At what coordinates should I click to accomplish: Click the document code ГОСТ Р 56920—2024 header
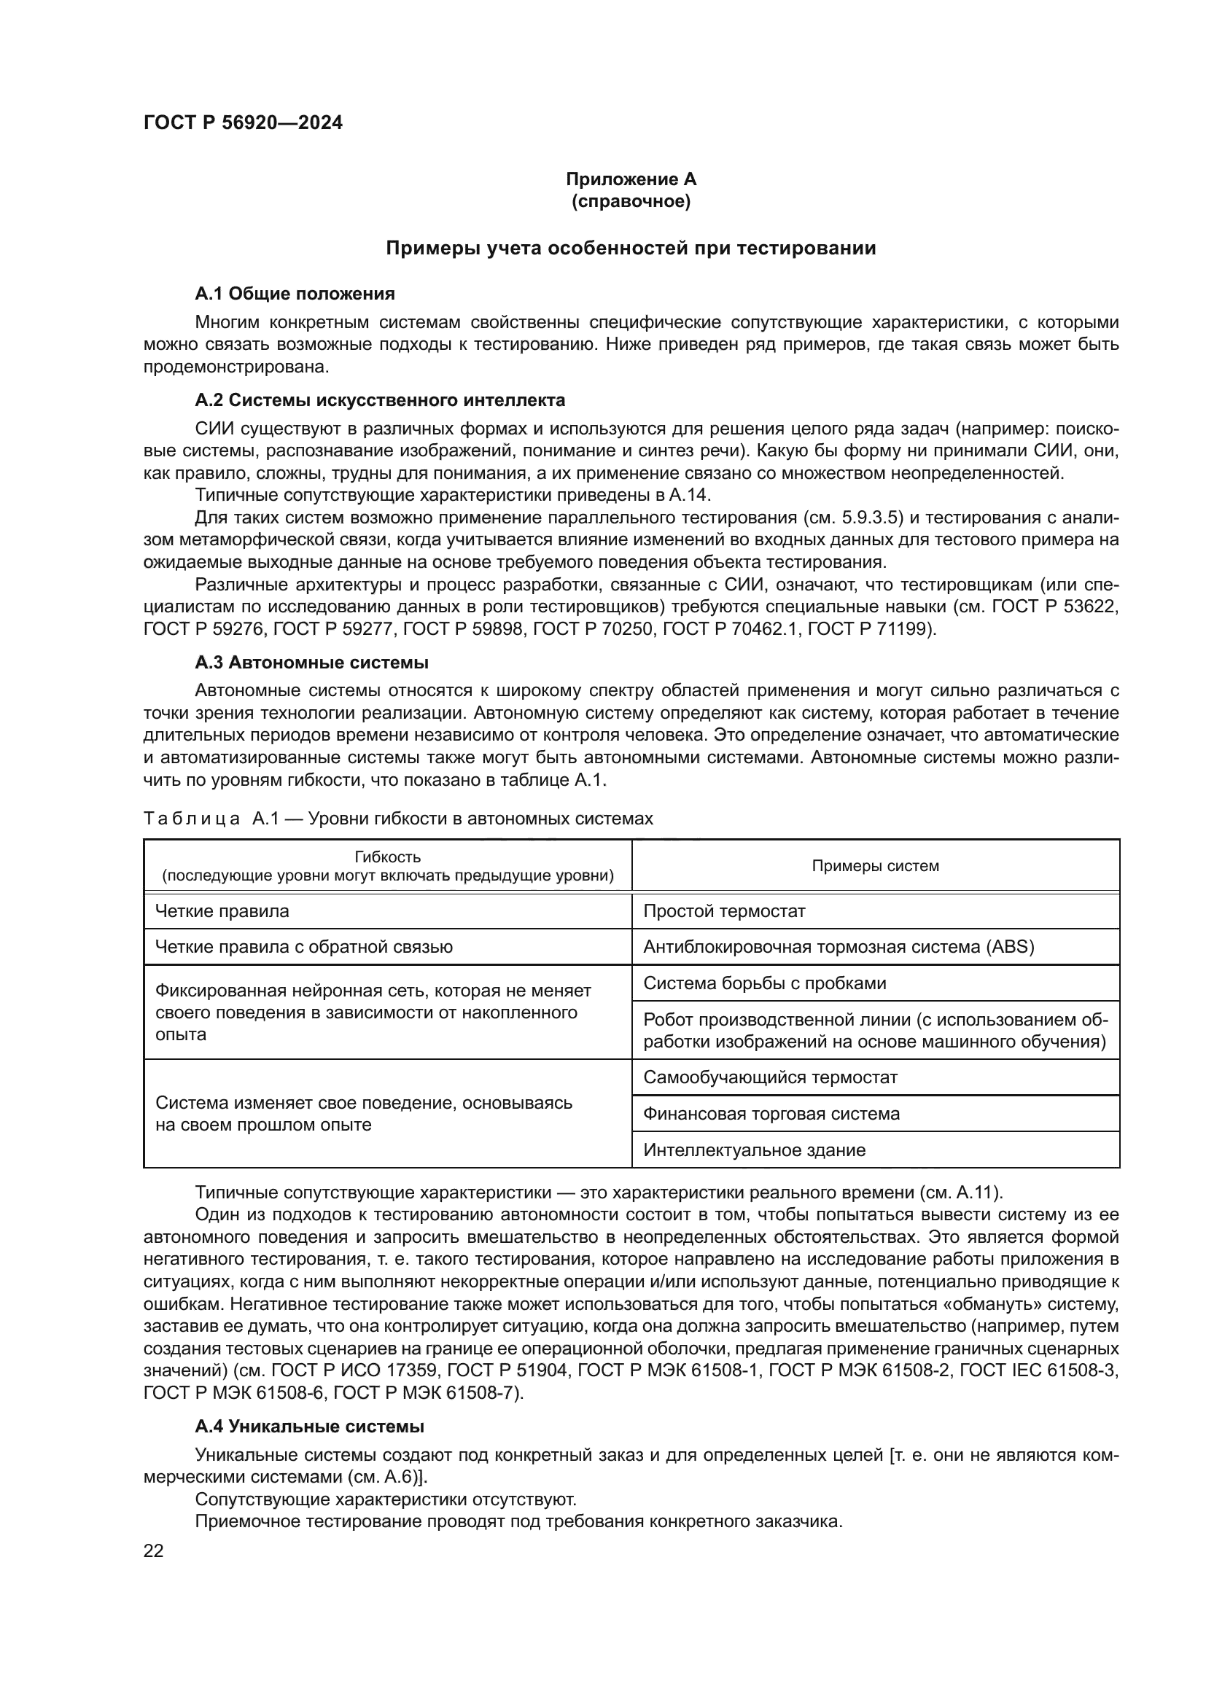[243, 123]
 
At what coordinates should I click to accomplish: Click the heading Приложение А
[631, 179]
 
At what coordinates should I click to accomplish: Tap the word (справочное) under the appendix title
[631, 201]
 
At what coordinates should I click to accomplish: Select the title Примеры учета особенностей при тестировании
[631, 248]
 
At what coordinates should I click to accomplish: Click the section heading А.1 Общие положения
[295, 294]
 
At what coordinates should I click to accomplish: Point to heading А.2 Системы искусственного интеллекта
[379, 400]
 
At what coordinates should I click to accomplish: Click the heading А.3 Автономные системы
[311, 663]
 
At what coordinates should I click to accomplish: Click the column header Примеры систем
[875, 866]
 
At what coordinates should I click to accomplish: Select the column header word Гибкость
[388, 858]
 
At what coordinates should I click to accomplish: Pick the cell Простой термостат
[724, 911]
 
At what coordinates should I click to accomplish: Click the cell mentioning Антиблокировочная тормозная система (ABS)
[839, 947]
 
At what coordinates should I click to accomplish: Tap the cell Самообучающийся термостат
[770, 1077]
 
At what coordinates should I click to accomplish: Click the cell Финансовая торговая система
[771, 1114]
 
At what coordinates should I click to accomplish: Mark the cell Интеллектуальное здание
[754, 1150]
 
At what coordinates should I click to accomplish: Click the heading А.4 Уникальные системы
[309, 1427]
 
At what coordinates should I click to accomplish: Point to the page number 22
[154, 1551]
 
